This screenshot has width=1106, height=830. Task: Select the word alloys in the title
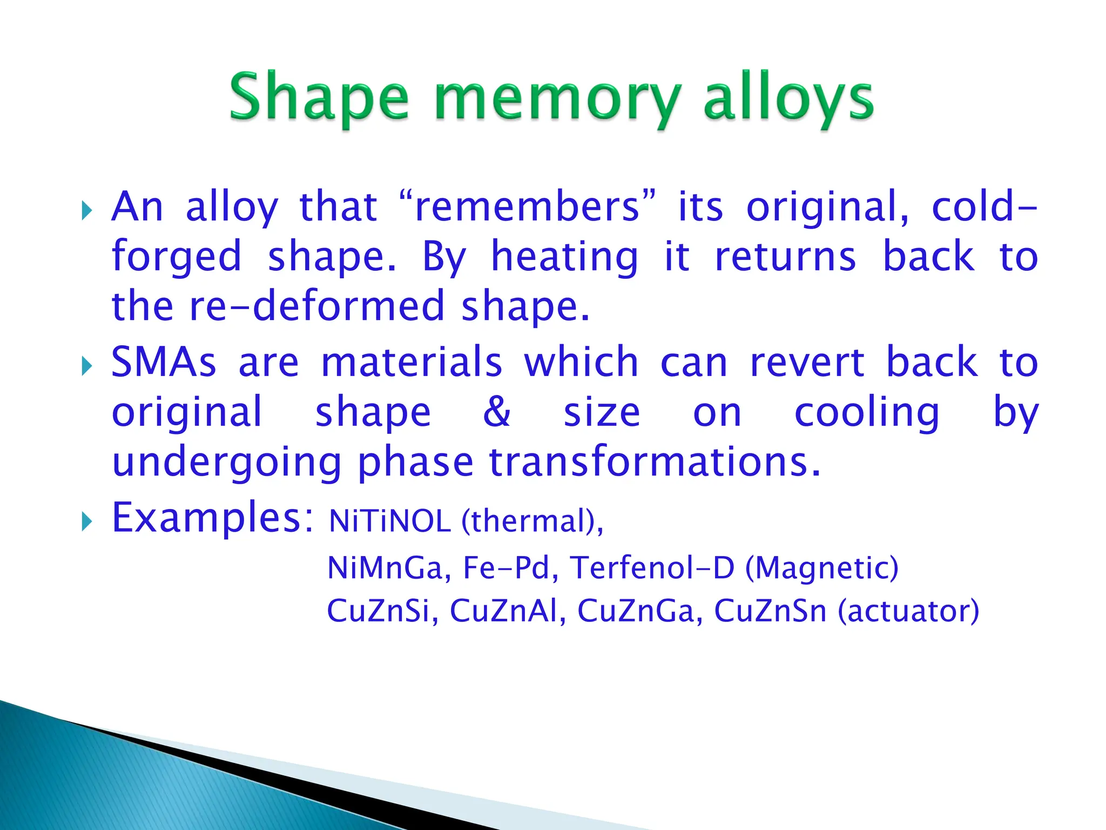tap(788, 100)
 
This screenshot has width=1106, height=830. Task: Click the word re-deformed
tap(316, 306)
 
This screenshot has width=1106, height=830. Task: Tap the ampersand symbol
tap(496, 412)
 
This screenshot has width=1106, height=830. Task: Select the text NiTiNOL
tap(389, 522)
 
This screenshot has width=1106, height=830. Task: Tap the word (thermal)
tap(532, 522)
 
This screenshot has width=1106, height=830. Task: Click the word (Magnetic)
tap(821, 568)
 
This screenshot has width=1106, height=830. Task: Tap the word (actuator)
tap(908, 611)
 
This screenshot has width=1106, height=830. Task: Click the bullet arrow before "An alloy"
tap(86, 210)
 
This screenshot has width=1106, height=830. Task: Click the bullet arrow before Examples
tap(86, 522)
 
